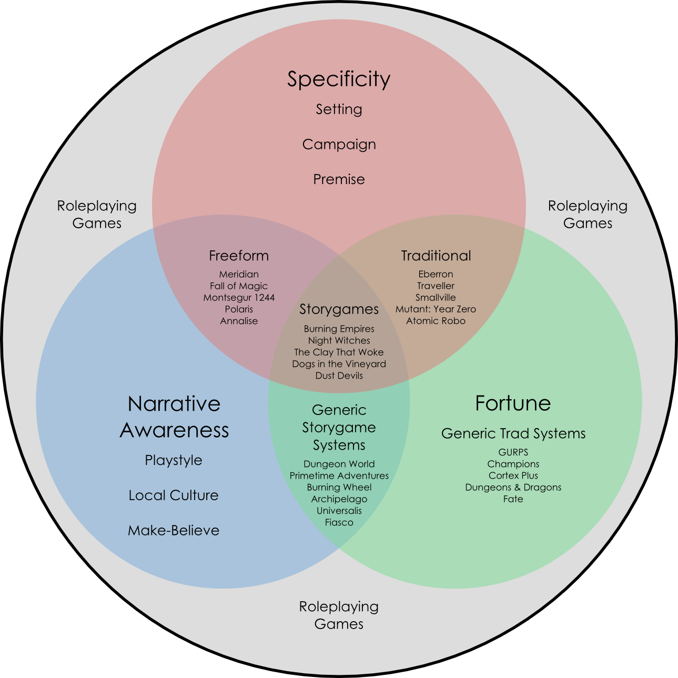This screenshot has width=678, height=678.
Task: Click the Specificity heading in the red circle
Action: pos(339,79)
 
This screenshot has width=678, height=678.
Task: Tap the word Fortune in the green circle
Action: pos(513,403)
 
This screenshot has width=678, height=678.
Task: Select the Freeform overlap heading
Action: pos(239,256)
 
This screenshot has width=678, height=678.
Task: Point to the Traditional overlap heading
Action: pos(436,256)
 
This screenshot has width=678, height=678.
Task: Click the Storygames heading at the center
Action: pos(339,309)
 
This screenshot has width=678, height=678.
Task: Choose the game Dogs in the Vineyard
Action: pos(339,364)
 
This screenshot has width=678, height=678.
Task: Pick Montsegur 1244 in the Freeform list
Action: pos(239,298)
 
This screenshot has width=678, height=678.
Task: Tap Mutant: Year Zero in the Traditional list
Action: pos(436,309)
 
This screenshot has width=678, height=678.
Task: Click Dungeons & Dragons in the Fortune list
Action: pos(513,487)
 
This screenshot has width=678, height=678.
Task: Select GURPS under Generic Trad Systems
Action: pos(513,452)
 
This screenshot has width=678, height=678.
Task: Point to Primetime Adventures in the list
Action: pos(339,475)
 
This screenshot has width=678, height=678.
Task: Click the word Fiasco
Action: pos(339,522)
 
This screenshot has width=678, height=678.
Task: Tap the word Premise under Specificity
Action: pos(339,179)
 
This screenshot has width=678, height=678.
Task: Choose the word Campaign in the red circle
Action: pos(339,145)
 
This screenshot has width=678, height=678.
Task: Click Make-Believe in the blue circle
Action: pos(174,531)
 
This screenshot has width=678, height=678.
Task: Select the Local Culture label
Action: pos(174,495)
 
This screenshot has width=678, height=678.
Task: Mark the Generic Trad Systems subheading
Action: pos(513,434)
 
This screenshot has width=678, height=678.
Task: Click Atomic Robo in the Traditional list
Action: pos(436,321)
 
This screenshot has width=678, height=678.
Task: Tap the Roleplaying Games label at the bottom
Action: pos(339,615)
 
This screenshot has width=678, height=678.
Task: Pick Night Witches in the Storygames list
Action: pos(339,341)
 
